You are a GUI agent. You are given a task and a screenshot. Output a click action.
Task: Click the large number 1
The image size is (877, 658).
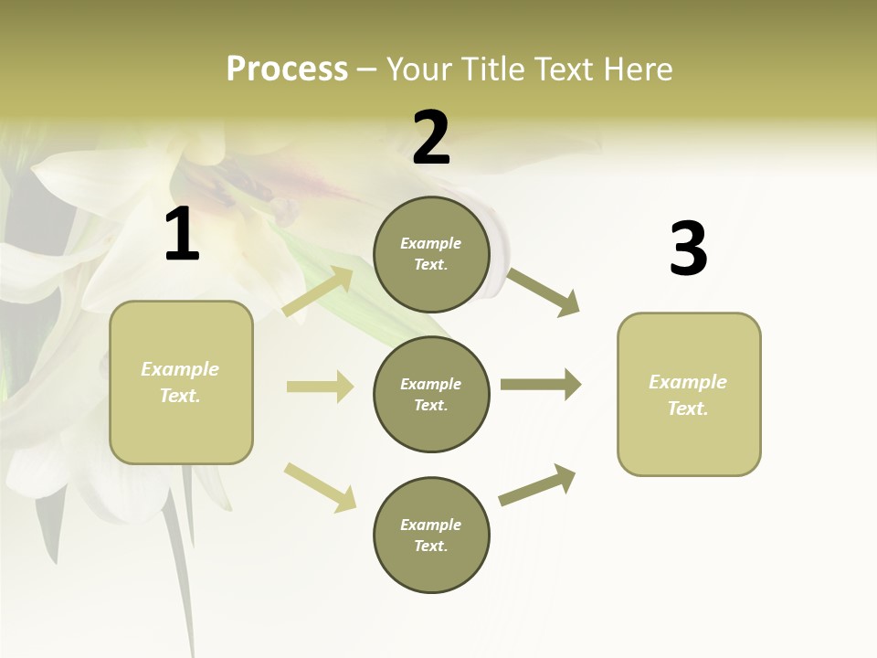182,236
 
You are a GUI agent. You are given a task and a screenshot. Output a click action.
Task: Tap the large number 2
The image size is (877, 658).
431,139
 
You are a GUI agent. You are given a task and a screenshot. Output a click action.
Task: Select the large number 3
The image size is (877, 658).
688,249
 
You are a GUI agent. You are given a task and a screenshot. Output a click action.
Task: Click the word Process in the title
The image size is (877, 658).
287,69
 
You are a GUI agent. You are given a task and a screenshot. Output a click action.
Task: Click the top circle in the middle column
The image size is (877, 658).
431,254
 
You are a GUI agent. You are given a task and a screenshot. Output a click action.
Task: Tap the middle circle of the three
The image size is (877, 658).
431,394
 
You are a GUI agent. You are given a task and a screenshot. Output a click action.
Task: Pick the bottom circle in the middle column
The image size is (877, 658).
431,535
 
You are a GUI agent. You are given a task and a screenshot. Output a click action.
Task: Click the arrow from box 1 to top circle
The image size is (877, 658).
318,292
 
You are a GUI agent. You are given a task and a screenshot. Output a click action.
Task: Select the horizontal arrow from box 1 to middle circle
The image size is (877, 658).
320,387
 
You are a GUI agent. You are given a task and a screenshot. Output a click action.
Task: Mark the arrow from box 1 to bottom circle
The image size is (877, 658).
320,487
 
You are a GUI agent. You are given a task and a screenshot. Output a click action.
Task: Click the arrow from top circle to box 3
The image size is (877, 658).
544,292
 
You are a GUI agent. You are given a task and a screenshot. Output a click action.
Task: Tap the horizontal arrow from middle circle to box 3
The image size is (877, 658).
541,384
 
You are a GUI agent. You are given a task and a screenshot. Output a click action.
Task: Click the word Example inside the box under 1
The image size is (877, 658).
180,369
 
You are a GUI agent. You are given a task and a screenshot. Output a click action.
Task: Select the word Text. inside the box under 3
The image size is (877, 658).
688,409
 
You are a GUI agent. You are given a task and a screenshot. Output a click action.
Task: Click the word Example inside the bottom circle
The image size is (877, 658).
430,525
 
